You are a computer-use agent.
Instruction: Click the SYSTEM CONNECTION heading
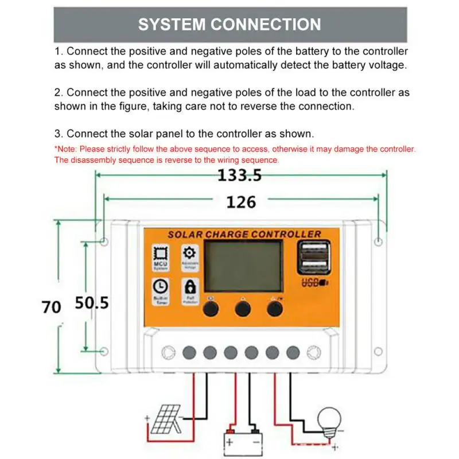[x=229, y=25]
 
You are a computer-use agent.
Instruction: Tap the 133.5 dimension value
[x=239, y=176]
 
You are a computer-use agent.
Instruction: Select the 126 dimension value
[x=240, y=202]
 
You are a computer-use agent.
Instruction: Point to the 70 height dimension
[x=52, y=307]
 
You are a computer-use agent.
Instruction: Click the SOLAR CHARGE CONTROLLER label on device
[x=244, y=234]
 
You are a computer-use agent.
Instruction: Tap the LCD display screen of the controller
[x=244, y=266]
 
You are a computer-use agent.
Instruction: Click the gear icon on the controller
[x=189, y=253]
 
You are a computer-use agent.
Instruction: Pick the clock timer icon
[x=160, y=286]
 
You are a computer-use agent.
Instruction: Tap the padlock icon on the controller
[x=189, y=286]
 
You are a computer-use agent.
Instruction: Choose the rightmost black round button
[x=275, y=309]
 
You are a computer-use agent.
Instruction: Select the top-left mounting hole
[x=103, y=242]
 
